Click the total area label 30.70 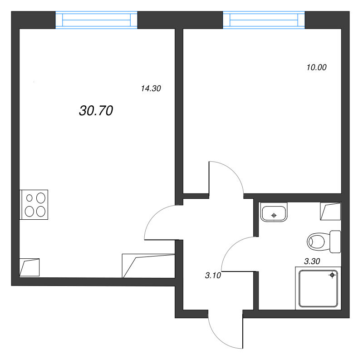96,110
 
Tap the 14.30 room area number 151,89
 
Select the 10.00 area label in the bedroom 317,68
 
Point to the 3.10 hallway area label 213,275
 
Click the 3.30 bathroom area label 312,261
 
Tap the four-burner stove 34,204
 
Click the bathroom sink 274,212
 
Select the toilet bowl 318,241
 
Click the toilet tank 335,242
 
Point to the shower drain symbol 333,275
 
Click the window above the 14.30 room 96,20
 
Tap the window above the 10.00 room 264,20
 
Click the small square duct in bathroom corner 330,211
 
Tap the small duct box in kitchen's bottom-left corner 29,267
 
